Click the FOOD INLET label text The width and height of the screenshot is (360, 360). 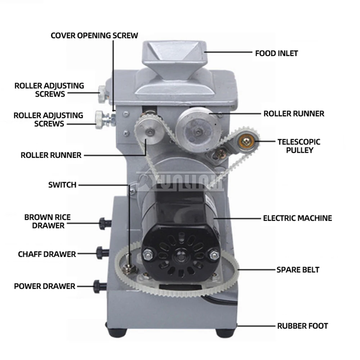coord(276,53)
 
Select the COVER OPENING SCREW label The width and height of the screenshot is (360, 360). coord(94,35)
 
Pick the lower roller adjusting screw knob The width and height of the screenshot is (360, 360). coord(100,119)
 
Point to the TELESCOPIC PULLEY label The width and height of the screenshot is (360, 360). coord(298,146)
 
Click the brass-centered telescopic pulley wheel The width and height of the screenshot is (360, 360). coord(247,142)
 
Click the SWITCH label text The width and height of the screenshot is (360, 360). coord(62,185)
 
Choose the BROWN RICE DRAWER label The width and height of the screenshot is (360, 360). coord(48,221)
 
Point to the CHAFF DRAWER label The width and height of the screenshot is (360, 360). coord(47,254)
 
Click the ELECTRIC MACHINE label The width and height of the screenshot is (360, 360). coord(297,218)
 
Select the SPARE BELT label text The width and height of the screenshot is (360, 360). coord(298,270)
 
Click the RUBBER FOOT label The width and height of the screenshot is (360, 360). coord(302,326)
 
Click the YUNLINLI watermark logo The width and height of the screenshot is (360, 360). coord(180,182)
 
